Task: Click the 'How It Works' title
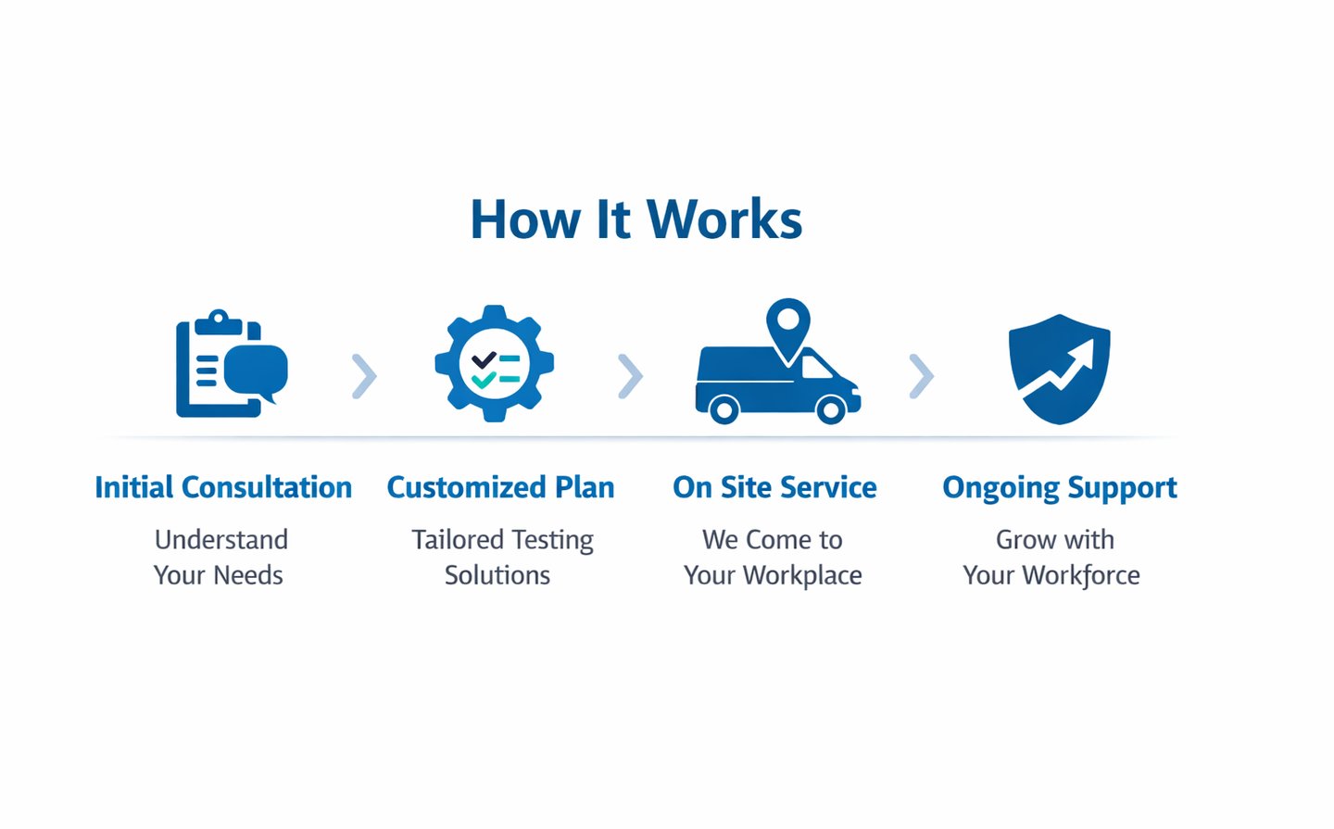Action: coord(636,220)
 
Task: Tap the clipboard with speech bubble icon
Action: coord(231,364)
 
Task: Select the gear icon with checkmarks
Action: coord(495,364)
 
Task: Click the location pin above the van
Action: coord(788,326)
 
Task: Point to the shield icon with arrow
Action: coord(1059,369)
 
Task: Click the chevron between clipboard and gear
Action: coord(364,376)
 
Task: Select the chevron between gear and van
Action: coord(630,376)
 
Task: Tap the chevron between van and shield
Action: coord(921,376)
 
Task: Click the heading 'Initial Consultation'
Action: coord(223,487)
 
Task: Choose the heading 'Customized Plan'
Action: coord(500,487)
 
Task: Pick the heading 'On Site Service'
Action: coord(774,487)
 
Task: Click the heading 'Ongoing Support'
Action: coord(1060,488)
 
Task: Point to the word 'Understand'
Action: coord(221,539)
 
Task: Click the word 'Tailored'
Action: coord(457,539)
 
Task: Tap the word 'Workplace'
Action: coord(803,575)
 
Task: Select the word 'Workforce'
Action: coord(1081,575)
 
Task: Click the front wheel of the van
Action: coord(830,408)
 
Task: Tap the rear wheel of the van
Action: coord(724,408)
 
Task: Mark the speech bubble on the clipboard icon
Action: coord(256,369)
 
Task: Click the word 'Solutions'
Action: coord(497,575)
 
